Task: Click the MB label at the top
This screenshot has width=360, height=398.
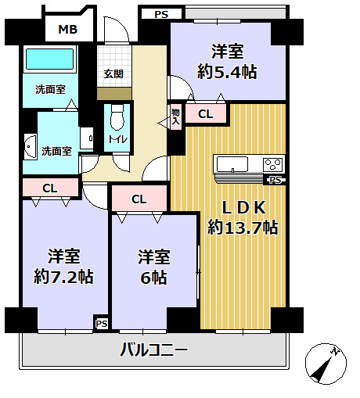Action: click(x=67, y=30)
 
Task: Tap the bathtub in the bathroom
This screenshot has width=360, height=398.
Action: click(x=49, y=59)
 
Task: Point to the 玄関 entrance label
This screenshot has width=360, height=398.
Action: click(x=113, y=74)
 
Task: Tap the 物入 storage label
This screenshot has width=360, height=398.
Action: click(x=175, y=116)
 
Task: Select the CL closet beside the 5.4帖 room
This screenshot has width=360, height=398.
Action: click(x=205, y=114)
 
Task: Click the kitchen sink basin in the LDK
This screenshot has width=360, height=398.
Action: click(x=232, y=164)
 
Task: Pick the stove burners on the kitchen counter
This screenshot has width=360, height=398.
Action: click(x=272, y=164)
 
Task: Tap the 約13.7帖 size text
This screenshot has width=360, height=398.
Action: click(x=243, y=228)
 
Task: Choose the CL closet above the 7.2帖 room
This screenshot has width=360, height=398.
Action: click(x=49, y=188)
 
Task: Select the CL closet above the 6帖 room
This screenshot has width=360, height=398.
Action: click(x=139, y=199)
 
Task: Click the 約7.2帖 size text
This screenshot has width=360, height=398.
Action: click(x=65, y=276)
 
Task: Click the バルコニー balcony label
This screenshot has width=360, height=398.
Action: click(x=153, y=350)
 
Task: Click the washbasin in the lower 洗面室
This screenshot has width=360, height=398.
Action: click(x=30, y=145)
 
